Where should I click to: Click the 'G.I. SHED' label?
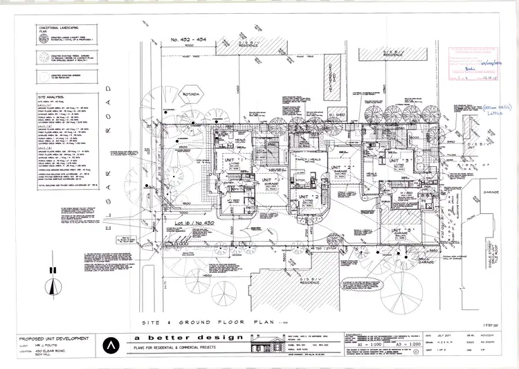[337, 114]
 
